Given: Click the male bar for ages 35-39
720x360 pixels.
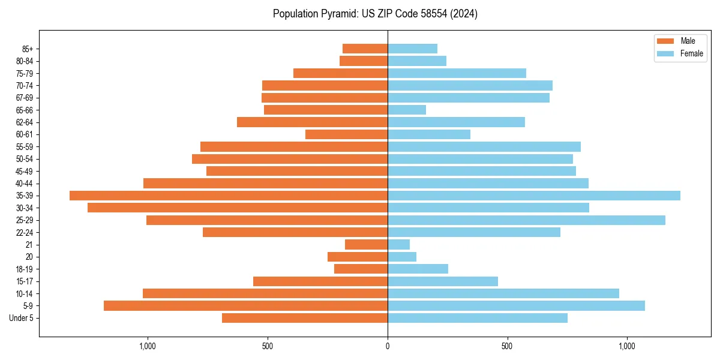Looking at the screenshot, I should pos(229,196).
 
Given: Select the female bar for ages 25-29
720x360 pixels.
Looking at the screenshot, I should pos(526,220).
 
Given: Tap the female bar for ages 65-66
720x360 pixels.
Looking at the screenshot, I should pos(407,110).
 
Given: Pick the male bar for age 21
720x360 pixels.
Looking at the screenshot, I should pos(366,245).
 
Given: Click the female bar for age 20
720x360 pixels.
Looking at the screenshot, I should pos(402,257).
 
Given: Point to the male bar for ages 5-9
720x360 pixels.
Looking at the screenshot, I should pos(245,306).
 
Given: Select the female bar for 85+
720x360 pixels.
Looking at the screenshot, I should pos(412,49).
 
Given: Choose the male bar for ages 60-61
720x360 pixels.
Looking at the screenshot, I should pos(346,134).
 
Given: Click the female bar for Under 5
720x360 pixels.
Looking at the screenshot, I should pos(478,318).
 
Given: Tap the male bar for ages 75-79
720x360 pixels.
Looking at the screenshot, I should pos(340,73).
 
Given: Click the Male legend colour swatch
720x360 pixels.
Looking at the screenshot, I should pos(665,41).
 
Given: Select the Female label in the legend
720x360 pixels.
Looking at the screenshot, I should pos(692,53).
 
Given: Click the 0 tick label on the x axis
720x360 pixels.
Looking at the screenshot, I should pos(388,346).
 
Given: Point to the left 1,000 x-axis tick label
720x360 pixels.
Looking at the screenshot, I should pos(148,346).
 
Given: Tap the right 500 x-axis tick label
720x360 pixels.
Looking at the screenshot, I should pos(507,346).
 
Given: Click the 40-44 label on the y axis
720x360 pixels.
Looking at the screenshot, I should pos(24,184).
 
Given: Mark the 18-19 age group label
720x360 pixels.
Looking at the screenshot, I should pos(24,269).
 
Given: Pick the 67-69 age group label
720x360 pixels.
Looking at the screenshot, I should pos(24,98).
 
